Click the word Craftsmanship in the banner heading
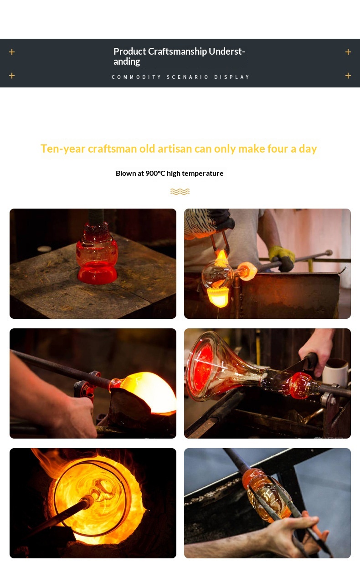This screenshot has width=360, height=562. [x=177, y=51]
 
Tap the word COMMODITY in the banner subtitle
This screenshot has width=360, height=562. [x=136, y=77]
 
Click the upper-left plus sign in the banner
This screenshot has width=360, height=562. [x=12, y=52]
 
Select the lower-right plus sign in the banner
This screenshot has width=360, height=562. [x=348, y=76]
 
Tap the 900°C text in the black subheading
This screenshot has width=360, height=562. [x=155, y=174]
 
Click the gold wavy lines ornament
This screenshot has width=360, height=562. [x=180, y=191]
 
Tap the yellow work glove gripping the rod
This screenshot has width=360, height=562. [x=283, y=258]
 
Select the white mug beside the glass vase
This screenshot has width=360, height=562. [x=336, y=373]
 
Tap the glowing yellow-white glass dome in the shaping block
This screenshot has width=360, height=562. [x=148, y=392]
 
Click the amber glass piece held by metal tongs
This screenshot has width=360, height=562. [x=266, y=493]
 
